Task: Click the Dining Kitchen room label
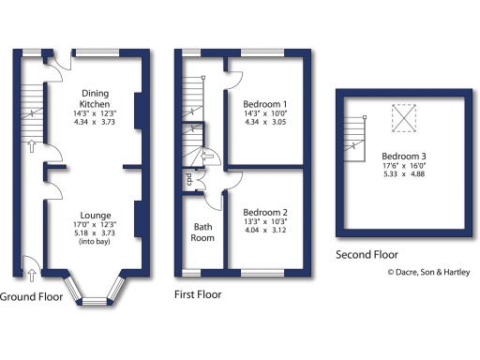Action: pos(94,98)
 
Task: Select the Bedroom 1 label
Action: pos(264,103)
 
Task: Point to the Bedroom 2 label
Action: pos(264,212)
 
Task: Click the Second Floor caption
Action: pos(367,254)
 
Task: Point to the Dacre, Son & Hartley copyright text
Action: pos(430,273)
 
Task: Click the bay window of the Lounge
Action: pos(94,291)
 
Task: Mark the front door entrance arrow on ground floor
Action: pos(34,274)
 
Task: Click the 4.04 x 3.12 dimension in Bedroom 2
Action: pos(264,231)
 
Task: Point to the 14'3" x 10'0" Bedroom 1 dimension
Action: pos(264,112)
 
